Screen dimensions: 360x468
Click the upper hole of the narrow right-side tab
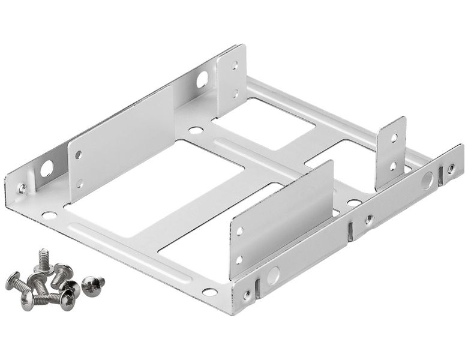[x=394, y=138]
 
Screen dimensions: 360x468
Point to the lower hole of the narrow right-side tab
[x=393, y=165]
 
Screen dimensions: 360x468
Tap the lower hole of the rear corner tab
[x=235, y=93]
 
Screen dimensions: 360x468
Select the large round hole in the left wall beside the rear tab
[x=202, y=78]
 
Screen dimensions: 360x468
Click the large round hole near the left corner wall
[x=46, y=169]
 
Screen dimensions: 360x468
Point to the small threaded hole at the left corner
[x=22, y=188]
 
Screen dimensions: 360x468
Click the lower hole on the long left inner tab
[x=79, y=184]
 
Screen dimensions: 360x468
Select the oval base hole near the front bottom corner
[x=209, y=292]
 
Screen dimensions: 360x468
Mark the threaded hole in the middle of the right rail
[x=369, y=220]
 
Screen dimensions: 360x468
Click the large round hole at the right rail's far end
[x=427, y=179]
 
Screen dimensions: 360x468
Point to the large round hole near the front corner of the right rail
[x=273, y=275]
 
